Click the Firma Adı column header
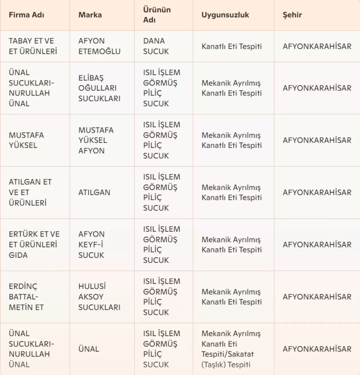pos(26,15)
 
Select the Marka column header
pos(90,15)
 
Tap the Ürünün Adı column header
pos(157,15)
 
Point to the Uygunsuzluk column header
pos(225,15)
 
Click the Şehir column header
pos(292,15)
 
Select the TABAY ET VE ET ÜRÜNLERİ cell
pos(33,46)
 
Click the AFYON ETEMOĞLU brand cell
pos(99,46)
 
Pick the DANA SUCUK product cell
pos(156,46)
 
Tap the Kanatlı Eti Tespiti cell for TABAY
pos(231,46)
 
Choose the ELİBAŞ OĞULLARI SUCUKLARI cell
pos(99,88)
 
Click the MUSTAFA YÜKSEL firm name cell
pos(26,140)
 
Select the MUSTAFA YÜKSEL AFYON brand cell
pos(96,140)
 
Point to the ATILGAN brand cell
pos(94,193)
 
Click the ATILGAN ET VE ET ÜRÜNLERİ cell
pos(30,192)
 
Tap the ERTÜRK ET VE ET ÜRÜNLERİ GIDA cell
pos(34,245)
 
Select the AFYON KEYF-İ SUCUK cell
pos(91,245)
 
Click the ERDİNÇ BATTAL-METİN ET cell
pos(26,297)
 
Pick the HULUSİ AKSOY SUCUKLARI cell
pos(99,297)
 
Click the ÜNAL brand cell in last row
pos(89,349)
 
